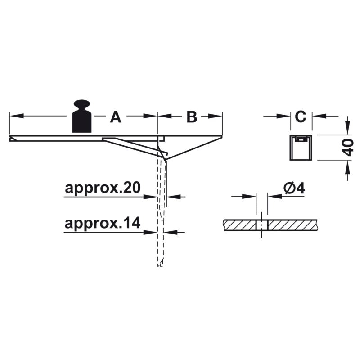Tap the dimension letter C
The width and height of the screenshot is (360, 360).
click(x=301, y=117)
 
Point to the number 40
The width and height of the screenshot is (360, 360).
click(x=348, y=148)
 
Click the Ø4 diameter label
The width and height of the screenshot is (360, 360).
click(x=294, y=189)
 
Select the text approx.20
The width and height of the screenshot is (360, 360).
click(x=103, y=188)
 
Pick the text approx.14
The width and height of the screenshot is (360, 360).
click(x=103, y=223)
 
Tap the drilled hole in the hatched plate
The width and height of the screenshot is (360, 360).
click(x=262, y=225)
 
